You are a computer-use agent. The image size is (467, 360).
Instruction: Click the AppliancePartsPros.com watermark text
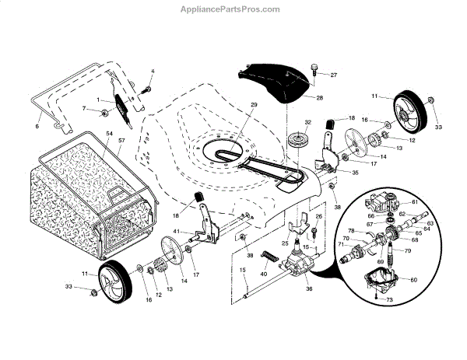point(233,9)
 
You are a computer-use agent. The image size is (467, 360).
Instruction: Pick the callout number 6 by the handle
point(37,125)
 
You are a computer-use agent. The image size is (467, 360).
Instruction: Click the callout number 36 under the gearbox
point(287,289)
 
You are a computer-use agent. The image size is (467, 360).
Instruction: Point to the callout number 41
point(177,231)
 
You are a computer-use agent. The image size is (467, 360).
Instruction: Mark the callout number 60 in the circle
point(413,279)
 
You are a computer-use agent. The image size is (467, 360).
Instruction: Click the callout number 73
point(389,299)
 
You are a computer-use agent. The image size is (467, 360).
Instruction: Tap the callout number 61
point(414,201)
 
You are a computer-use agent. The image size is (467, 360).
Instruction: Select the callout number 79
point(407,250)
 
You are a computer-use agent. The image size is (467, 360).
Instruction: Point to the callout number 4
point(153,72)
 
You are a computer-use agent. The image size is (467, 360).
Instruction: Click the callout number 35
point(355,172)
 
